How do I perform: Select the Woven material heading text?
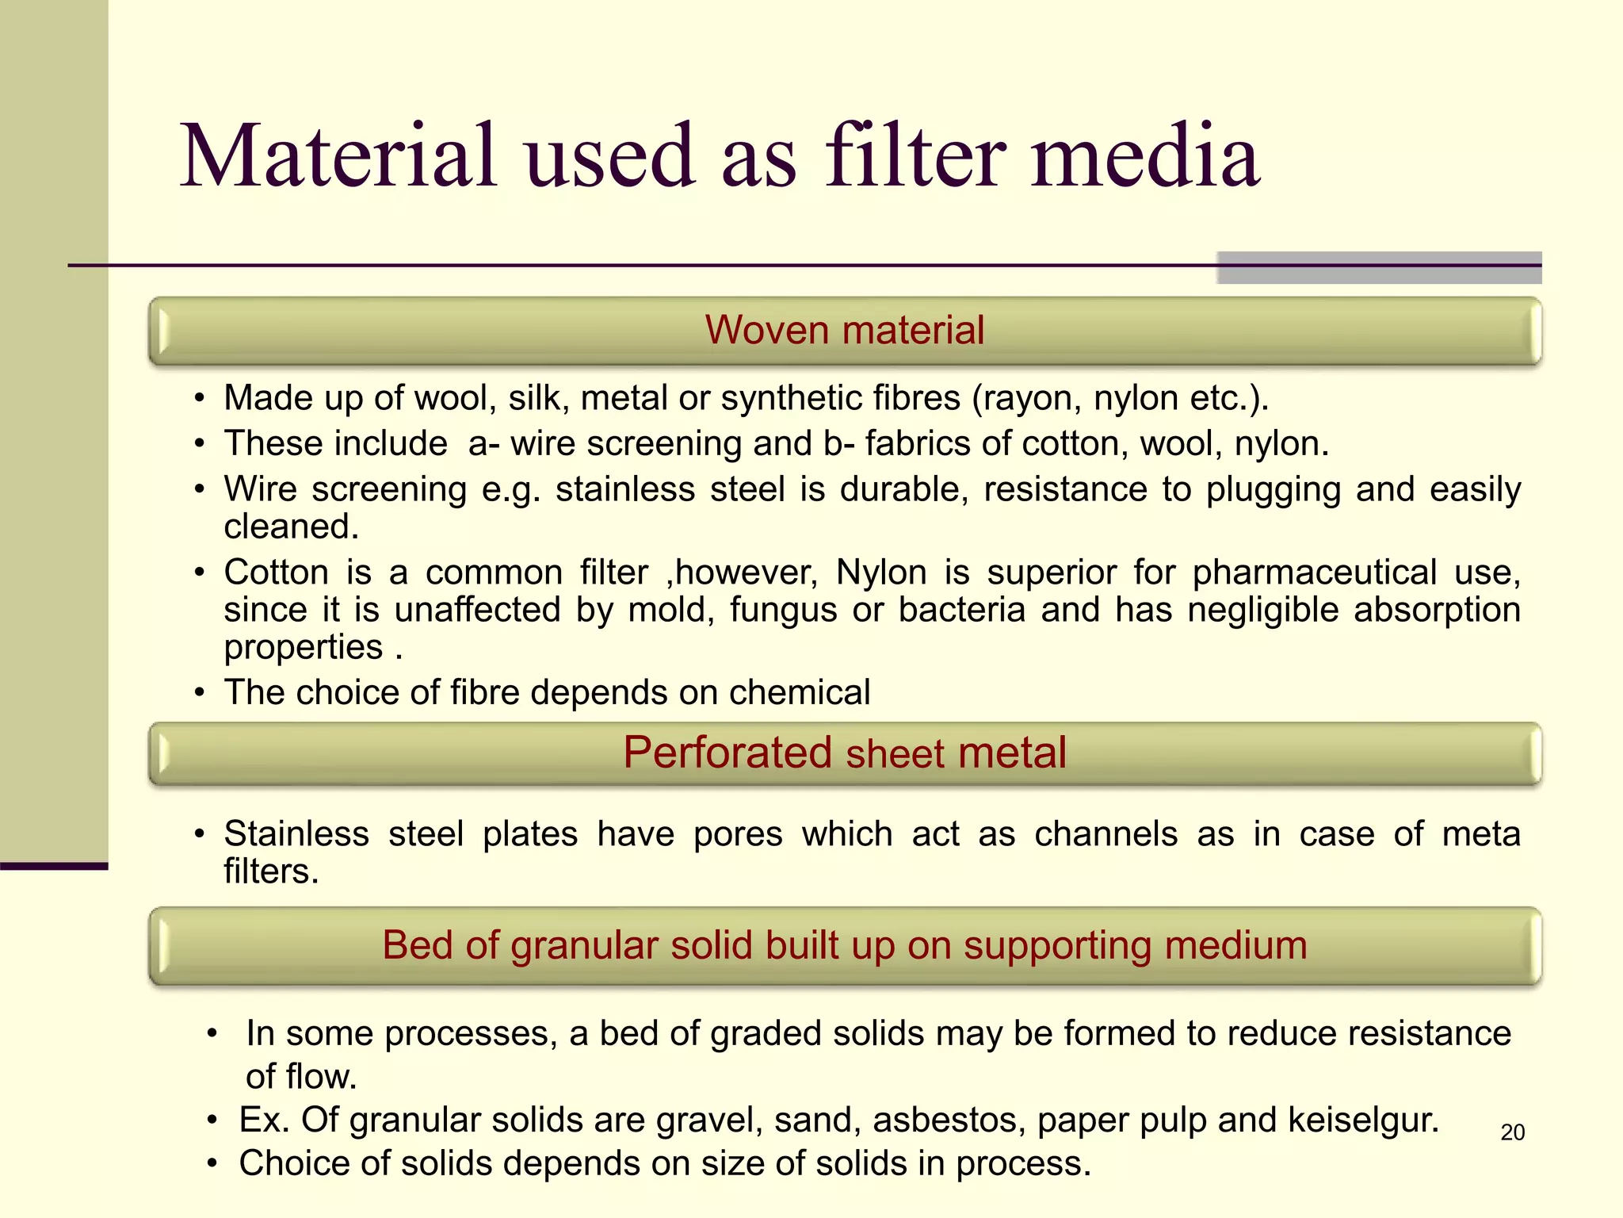coord(845,330)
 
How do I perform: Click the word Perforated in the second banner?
coord(727,753)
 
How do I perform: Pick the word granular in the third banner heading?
coord(584,945)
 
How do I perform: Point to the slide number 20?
coord(1512,1132)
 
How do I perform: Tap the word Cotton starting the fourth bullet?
coord(276,573)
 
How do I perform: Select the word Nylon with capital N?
coord(881,573)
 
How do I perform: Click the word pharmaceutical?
coord(1314,573)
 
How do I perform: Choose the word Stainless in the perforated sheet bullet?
coord(296,834)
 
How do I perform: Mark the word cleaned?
coord(291,527)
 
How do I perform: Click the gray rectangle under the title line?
coord(1379,268)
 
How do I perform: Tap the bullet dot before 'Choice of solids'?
coord(212,1164)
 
